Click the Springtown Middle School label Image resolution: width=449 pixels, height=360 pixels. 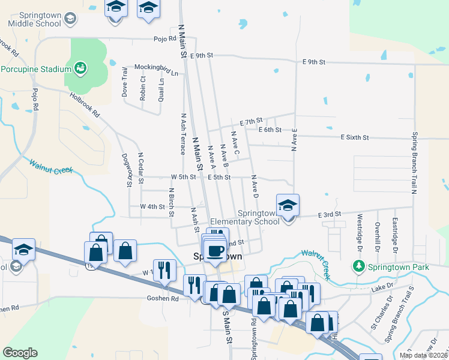point(34,19)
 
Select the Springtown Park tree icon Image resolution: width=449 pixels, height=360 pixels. point(359,265)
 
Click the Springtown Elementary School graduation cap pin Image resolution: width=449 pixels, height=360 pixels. point(288,206)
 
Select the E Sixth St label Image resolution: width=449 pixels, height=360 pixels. point(354,137)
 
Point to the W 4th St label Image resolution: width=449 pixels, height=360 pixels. point(152,206)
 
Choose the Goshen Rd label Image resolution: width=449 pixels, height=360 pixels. point(163,298)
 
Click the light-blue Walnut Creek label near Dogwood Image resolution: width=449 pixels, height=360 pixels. point(51,166)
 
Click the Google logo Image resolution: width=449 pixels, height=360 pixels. point(20,353)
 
